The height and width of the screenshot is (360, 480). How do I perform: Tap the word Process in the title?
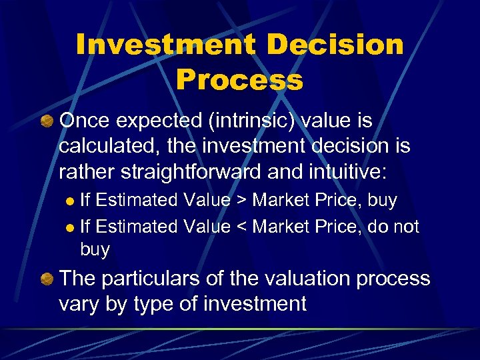click(x=239, y=81)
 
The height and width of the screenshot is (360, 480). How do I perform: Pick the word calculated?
click(x=103, y=147)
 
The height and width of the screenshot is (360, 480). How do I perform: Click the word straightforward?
click(x=196, y=172)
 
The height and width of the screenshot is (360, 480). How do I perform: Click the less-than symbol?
click(x=239, y=227)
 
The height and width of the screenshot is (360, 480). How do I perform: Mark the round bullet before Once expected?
click(x=47, y=122)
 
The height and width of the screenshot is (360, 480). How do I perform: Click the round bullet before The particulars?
click(x=47, y=279)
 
